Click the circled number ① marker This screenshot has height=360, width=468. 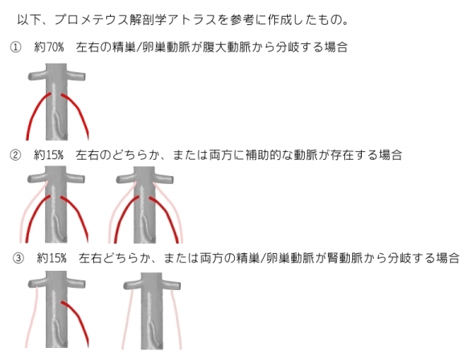pos(15,47)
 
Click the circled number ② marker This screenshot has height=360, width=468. pos(15,155)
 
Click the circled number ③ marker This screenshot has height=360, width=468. pos(18,258)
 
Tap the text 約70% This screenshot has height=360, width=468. pos(49,47)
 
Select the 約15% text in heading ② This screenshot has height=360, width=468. pos(49,155)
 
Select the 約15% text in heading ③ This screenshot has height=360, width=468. pos(51,258)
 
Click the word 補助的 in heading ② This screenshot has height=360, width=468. pos(263,155)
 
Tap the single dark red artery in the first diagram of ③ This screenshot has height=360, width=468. pos(79,320)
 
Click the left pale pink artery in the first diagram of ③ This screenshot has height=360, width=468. pos(32,316)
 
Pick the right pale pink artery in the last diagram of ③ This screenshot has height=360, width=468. pos(176,318)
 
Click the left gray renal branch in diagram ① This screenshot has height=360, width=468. pos(37,76)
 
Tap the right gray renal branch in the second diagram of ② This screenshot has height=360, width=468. pos(163,179)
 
